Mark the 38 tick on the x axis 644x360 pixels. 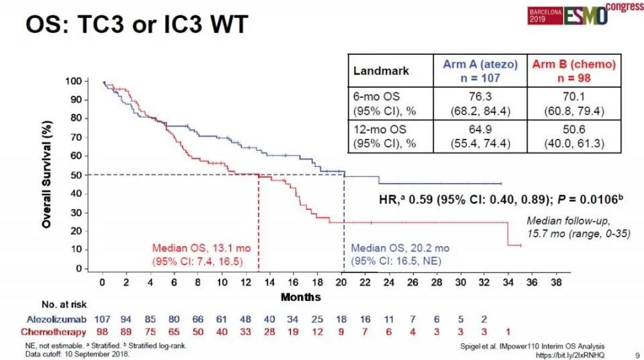point(555,282)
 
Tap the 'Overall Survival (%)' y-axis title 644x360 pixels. point(48,174)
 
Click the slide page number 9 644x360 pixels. point(635,353)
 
